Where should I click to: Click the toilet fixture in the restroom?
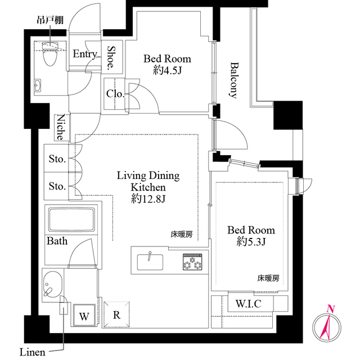(x=49, y=54)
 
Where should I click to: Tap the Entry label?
(x=85, y=54)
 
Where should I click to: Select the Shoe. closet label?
(x=111, y=58)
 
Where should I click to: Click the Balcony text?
(x=234, y=80)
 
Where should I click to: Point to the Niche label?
(x=61, y=127)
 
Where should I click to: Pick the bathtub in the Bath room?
(x=71, y=220)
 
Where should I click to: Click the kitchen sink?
(x=150, y=262)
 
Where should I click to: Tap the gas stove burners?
(x=192, y=262)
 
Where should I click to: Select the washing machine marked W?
(x=84, y=315)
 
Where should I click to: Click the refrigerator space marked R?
(x=116, y=314)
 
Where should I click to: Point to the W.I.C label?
(x=249, y=304)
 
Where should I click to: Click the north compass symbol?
(x=327, y=326)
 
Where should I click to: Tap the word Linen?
(x=33, y=352)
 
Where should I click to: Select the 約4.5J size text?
(x=168, y=70)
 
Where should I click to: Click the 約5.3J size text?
(x=251, y=242)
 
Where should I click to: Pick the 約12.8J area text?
(x=148, y=199)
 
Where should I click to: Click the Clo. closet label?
(x=115, y=94)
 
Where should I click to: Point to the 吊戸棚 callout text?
(x=50, y=20)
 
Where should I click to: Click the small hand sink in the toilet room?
(x=38, y=85)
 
